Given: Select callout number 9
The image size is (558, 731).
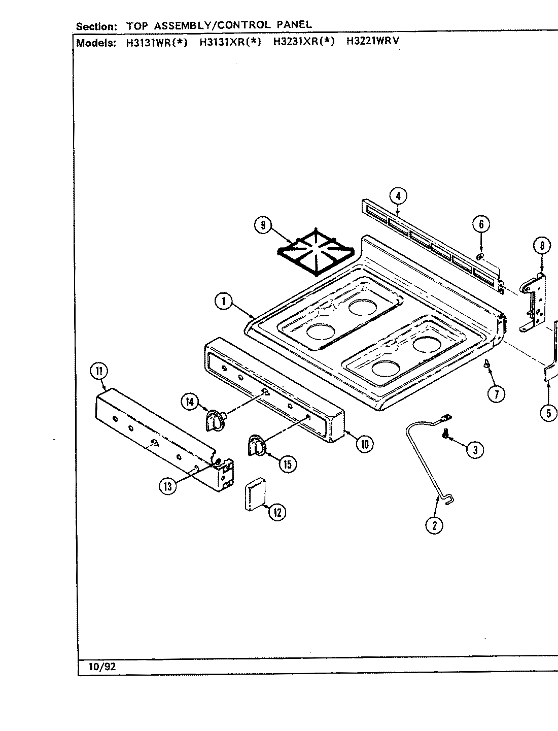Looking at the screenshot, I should point(263,225).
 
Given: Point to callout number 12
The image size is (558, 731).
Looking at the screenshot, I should point(277,512).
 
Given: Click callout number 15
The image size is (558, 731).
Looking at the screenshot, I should point(288,463).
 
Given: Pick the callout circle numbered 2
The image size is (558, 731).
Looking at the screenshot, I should point(434,525).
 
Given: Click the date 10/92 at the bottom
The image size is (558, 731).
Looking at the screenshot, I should point(102,667).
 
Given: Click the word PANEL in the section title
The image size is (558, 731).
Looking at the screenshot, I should point(295,24).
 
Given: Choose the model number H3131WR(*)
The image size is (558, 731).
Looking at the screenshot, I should point(156,42).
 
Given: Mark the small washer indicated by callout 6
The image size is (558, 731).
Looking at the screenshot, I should point(480,256).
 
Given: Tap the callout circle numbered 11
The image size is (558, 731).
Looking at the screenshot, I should point(98,372).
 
